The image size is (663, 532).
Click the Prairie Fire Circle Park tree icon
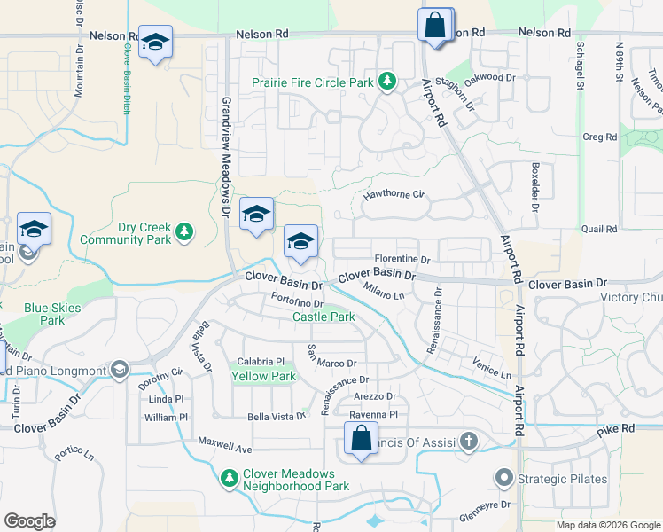tap(386, 82)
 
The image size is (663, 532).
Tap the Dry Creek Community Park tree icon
tap(183, 232)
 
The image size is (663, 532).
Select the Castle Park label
tap(324, 317)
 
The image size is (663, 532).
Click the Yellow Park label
tap(263, 376)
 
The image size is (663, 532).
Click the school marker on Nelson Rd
tap(155, 43)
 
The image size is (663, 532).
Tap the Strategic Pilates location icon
tap(504, 480)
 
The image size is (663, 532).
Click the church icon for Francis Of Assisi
tap(468, 442)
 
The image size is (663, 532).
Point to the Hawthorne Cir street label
tap(394, 195)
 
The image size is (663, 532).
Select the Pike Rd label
tap(616, 429)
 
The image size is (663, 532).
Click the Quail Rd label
tap(599, 230)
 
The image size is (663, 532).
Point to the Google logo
tap(29, 521)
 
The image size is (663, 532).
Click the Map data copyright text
tap(607, 525)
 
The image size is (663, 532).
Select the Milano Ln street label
tap(386, 290)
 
